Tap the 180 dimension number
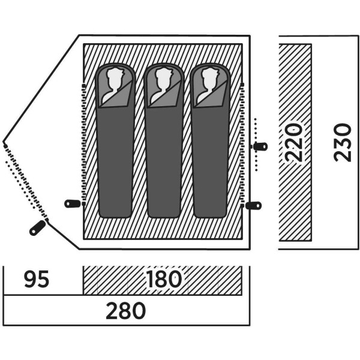point(163,280)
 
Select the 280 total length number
point(126,311)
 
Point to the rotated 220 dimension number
point(293,142)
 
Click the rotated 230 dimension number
point(343,142)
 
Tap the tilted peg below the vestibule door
point(37,228)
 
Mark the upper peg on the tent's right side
point(261,146)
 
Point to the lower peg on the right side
point(254,205)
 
